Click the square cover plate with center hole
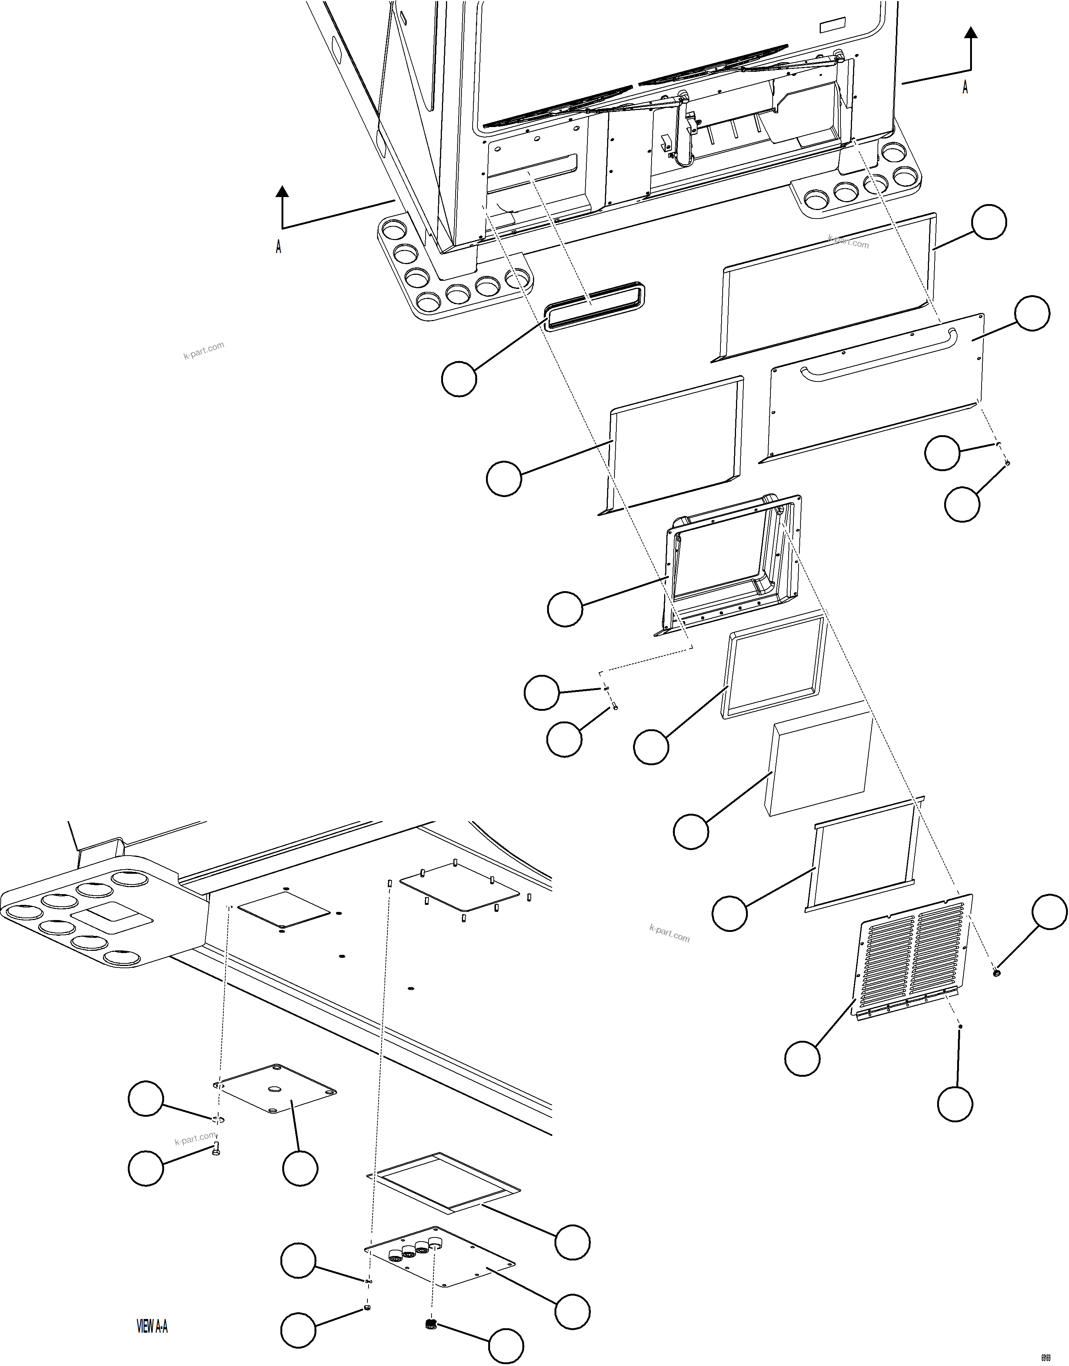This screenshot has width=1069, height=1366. pos(275,1089)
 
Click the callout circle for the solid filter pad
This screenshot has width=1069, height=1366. pos(691,831)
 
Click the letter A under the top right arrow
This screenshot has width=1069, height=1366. pos(965,88)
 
